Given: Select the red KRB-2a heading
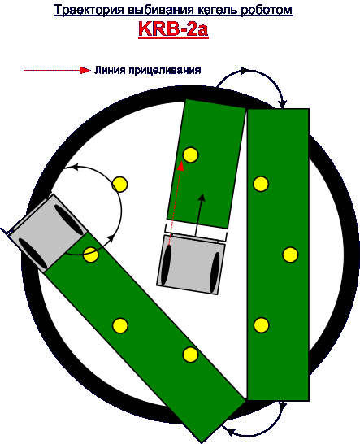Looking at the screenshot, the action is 173,28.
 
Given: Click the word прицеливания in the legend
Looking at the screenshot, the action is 165,70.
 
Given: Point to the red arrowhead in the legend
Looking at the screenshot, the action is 85,70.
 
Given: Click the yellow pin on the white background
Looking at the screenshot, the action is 119,185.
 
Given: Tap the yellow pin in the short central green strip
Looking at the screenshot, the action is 190,155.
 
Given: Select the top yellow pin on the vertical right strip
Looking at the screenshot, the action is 261,184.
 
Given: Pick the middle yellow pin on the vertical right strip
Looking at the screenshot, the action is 290,255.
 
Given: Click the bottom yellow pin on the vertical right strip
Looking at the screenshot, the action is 261,324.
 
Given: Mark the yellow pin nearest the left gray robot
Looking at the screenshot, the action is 90,255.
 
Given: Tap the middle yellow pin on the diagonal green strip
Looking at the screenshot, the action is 120,325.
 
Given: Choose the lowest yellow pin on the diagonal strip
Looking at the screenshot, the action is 190,355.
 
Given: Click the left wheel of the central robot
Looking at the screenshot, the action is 166,265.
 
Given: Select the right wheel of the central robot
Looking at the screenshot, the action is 215,272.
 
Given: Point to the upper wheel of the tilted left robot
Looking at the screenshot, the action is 69,220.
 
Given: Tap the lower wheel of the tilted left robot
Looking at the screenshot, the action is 33,254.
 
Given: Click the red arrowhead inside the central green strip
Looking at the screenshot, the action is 180,166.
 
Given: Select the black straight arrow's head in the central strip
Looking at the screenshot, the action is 202,198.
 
